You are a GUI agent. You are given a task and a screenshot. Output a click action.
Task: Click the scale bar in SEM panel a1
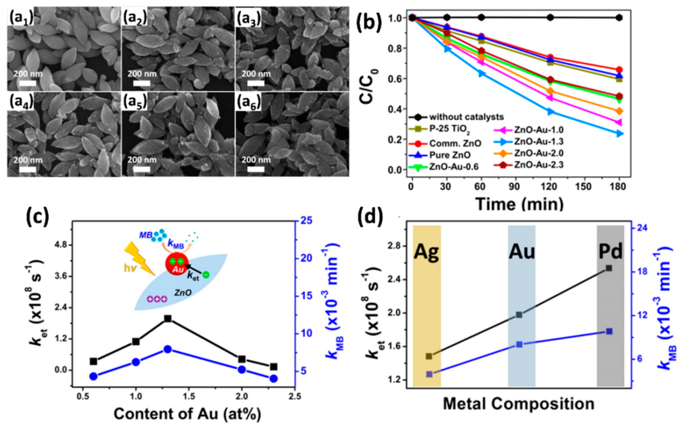[x=28, y=83]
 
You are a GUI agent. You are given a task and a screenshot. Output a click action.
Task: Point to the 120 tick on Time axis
[x=550, y=187]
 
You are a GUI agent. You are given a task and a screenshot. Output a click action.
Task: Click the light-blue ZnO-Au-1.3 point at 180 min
[x=619, y=134]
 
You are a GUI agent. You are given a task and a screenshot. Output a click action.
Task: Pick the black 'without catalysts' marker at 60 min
[x=481, y=17]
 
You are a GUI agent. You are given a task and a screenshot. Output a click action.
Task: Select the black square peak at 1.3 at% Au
[x=168, y=319]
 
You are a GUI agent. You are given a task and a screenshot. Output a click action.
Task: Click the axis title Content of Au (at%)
[x=187, y=414]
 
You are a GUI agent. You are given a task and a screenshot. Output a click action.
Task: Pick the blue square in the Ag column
[x=429, y=374]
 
